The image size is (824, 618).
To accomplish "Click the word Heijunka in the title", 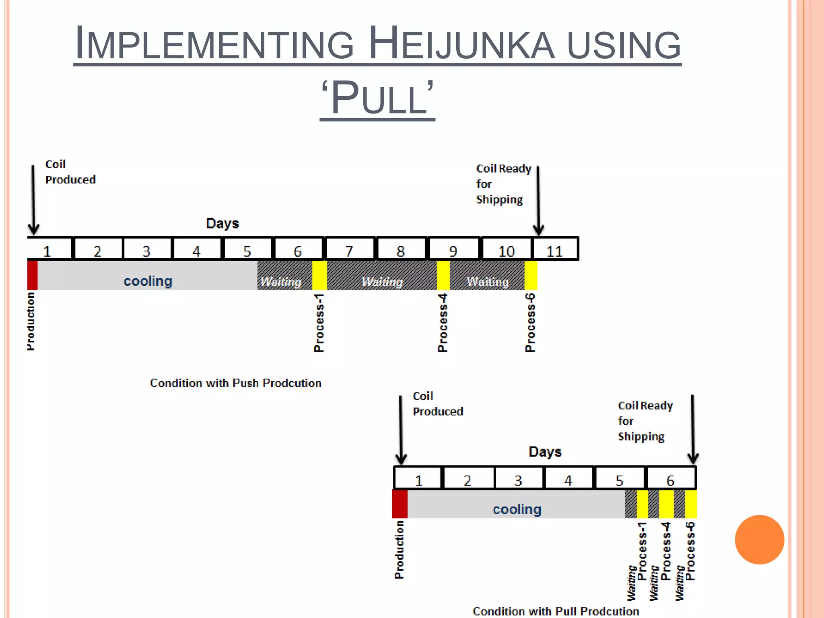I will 461,43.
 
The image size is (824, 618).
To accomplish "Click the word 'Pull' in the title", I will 378,98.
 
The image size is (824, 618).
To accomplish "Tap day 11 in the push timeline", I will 554,251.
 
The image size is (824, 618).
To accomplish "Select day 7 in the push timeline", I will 349,251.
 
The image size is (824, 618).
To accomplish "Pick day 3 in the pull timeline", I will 518,480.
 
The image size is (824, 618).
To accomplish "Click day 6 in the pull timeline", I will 670,480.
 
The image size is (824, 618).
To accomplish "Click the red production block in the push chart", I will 33,275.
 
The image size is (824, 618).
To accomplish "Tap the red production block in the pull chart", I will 400,504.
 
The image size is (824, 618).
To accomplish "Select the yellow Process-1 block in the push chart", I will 319,275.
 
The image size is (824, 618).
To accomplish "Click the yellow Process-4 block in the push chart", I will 443,275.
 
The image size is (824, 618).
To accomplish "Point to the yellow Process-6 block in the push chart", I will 531,275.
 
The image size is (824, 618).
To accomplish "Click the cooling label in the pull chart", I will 517,509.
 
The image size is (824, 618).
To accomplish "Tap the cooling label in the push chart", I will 148,281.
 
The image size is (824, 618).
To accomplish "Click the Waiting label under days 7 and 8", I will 382,282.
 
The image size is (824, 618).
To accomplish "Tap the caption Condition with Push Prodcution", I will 236,383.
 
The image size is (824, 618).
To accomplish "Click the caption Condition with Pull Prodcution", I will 556,611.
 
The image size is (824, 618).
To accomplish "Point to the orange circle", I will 759,540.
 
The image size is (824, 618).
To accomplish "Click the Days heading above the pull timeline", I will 545,451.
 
